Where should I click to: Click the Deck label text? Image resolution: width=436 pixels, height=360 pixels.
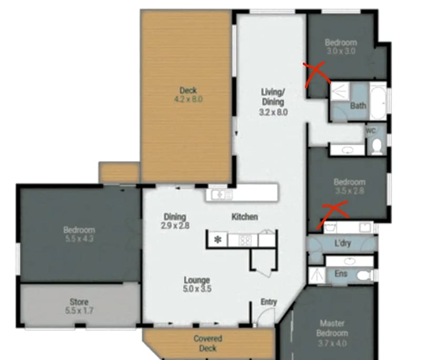coord(188,90)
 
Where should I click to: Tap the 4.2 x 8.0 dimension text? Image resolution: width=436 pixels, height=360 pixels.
coord(188,99)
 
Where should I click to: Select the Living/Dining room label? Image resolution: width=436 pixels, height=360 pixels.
coord(273,97)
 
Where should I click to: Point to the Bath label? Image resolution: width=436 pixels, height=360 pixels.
coord(358,105)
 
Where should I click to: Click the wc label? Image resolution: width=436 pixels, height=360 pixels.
coord(371,130)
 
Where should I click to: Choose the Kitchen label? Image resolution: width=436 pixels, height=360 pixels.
coord(245,217)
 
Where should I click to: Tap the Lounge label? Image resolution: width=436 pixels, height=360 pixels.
coord(197,280)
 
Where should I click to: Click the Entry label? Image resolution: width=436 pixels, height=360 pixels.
coord(269,302)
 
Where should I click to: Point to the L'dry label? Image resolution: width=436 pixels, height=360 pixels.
coord(342,244)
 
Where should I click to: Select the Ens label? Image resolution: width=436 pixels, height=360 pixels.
coord(341,274)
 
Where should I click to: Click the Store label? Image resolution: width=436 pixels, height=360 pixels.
coord(79,302)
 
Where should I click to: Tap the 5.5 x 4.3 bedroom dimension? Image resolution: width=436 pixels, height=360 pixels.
coord(79,238)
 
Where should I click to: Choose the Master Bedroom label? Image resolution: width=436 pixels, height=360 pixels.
coord(333,328)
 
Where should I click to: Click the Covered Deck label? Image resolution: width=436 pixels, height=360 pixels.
coord(208,343)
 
